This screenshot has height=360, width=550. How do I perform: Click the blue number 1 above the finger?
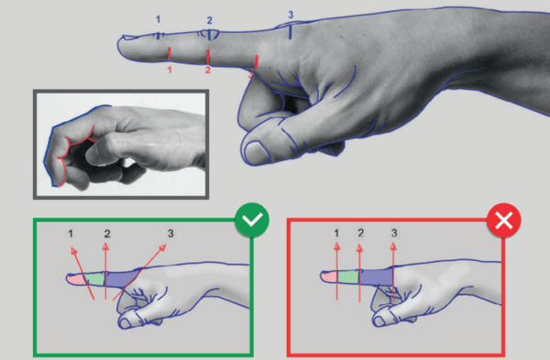157,18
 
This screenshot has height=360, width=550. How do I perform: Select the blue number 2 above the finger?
209,20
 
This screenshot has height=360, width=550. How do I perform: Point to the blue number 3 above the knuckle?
291,16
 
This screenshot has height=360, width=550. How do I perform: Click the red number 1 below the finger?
170,70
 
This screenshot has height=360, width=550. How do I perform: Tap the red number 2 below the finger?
208,71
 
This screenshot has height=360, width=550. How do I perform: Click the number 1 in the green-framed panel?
71,235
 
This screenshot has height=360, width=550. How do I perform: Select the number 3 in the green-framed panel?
170,235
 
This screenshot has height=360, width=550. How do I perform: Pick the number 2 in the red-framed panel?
361,234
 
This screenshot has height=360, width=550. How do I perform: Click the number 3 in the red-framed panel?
394,234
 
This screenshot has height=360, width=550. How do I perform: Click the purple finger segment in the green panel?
122,278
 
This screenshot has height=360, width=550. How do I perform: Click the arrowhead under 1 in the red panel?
336,248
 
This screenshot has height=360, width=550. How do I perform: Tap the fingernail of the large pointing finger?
133,38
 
